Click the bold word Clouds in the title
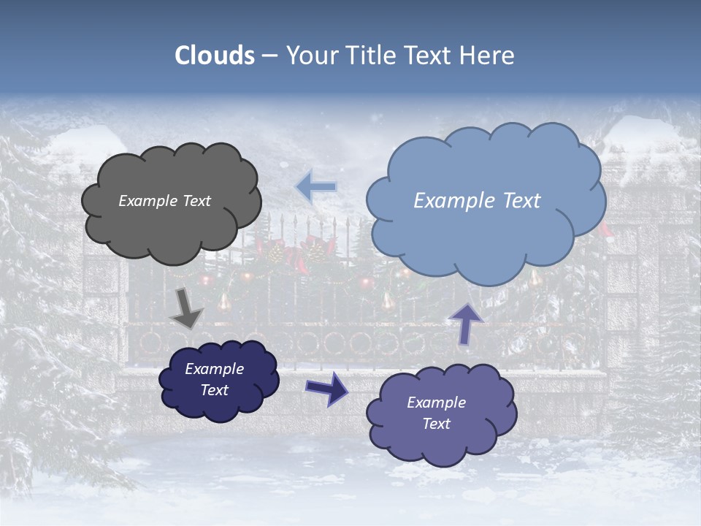click(215, 56)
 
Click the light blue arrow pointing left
click(315, 187)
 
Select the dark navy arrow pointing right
click(326, 389)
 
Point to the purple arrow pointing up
click(464, 323)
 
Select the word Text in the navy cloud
click(215, 390)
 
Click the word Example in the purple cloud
click(436, 403)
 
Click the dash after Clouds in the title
click(269, 56)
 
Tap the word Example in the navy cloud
click(215, 369)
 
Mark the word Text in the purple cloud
click(436, 424)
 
